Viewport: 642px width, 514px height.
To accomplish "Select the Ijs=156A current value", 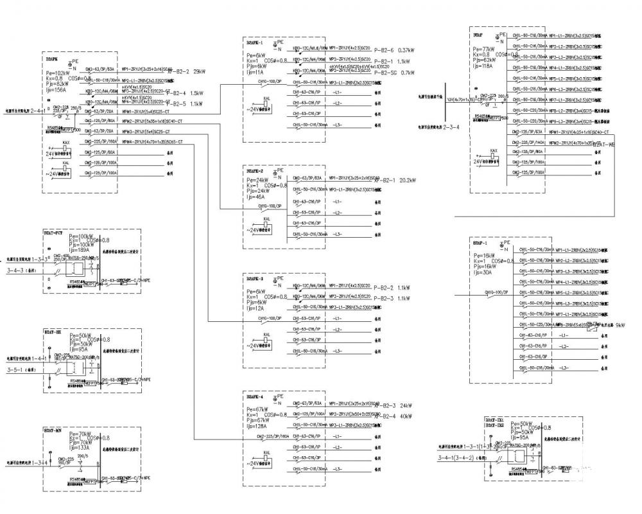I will coord(56,91).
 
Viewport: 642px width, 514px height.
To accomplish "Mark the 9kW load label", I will coord(620,326).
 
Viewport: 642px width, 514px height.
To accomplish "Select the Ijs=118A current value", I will coord(483,66).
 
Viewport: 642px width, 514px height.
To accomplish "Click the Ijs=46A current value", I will coord(256,198).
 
